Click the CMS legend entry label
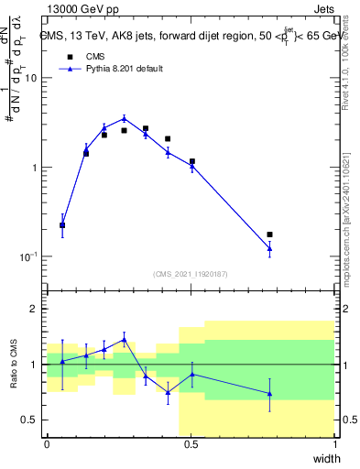point(95,56)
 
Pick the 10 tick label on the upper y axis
point(30,79)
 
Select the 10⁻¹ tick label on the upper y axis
point(28,256)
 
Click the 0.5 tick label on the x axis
point(191,444)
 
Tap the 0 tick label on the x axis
point(47,444)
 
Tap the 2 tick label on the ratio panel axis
point(35,310)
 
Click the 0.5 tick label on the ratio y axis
point(30,420)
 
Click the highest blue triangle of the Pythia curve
point(125,117)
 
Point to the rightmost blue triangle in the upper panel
point(269,248)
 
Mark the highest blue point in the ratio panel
point(125,339)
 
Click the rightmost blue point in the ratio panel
point(269,394)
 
